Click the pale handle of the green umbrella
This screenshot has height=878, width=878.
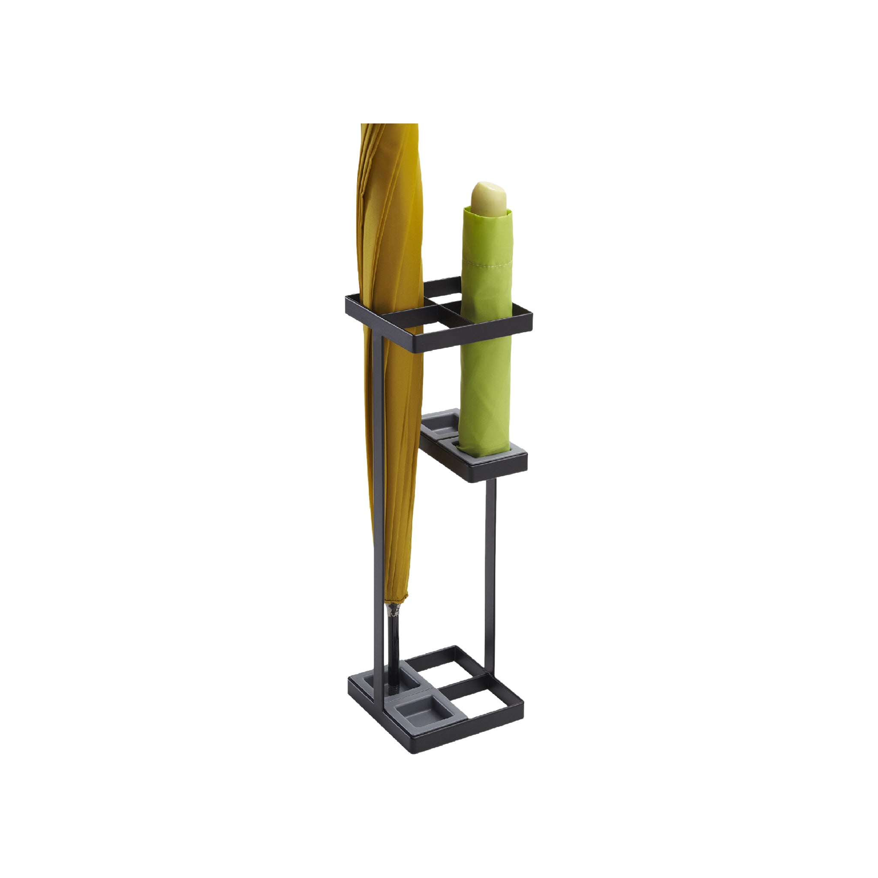point(489,198)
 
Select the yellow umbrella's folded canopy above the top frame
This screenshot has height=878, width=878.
point(390,204)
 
